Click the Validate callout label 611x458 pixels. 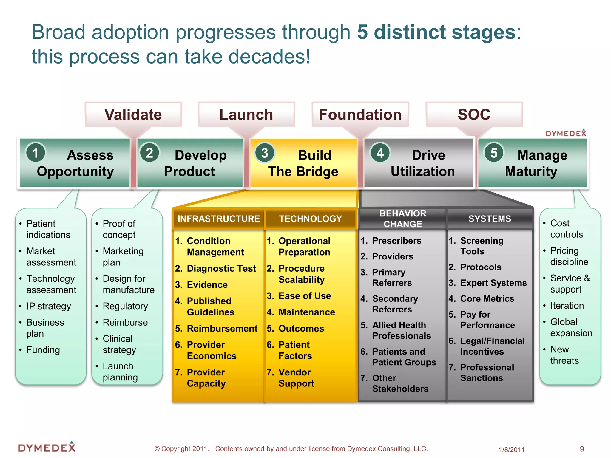(133, 114)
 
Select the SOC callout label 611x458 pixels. (474, 114)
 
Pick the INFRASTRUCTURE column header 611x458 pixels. (219, 219)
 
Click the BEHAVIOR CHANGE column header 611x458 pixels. (402, 219)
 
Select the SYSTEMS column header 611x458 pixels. (490, 219)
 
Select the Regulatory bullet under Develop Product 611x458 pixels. (125, 306)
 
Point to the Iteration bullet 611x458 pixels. (567, 306)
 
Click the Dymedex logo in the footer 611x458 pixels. (47, 447)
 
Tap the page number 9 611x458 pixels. (582, 449)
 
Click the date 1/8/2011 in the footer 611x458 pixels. (512, 450)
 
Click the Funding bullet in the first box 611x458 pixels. (43, 350)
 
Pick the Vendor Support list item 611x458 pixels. (296, 378)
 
